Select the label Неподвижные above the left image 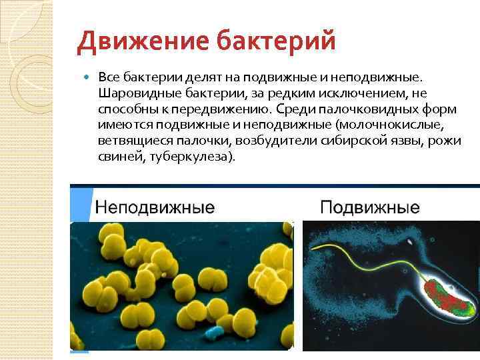[x=155, y=207]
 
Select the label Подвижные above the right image [x=370, y=207]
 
